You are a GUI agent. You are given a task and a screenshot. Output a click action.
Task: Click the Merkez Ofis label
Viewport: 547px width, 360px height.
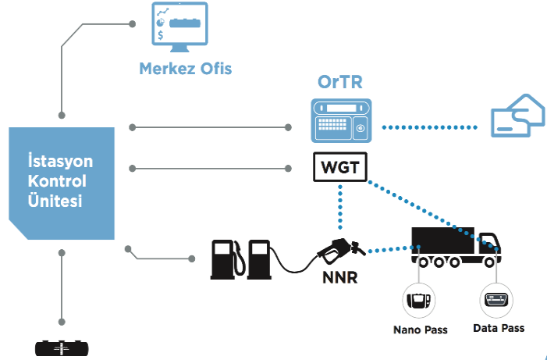(x=185, y=68)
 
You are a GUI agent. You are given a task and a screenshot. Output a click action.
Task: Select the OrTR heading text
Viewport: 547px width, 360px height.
(x=340, y=81)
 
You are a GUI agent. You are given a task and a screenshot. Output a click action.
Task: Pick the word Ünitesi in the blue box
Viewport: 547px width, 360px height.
(x=60, y=201)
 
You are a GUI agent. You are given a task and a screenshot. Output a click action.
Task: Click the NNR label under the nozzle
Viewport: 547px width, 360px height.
(x=339, y=276)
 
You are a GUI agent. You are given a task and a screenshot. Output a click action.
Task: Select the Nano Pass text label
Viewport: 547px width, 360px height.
(x=420, y=330)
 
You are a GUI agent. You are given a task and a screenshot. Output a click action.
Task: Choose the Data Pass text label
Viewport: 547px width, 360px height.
(x=499, y=328)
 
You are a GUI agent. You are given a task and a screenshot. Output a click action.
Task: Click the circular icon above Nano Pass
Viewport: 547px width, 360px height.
(x=419, y=301)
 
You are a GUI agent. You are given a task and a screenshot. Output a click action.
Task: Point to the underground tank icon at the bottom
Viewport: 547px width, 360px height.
(x=61, y=349)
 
